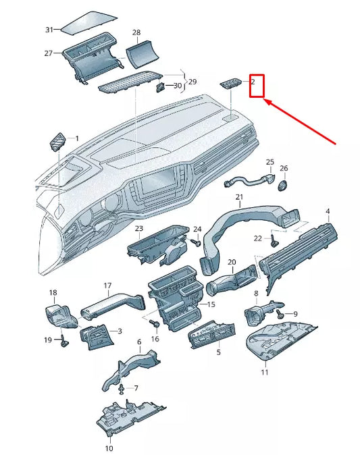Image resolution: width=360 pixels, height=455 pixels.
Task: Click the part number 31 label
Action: [49, 30]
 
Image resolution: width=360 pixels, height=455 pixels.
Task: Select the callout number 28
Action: [136, 32]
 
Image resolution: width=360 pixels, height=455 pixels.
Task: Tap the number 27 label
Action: [49, 53]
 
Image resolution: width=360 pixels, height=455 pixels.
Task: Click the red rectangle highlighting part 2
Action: [257, 85]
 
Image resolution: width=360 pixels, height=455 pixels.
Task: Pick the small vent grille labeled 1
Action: [57, 142]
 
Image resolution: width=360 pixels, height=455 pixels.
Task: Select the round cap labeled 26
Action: [282, 184]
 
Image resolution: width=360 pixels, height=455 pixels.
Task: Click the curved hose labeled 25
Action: [250, 180]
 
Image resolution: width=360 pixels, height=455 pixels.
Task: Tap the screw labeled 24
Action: [196, 241]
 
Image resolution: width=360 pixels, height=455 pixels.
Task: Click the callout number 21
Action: [239, 197]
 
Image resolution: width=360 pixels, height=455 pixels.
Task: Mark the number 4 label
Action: [328, 211]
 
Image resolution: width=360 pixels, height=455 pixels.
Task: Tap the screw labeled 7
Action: [122, 388]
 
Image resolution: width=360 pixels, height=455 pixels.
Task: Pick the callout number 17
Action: [107, 286]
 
